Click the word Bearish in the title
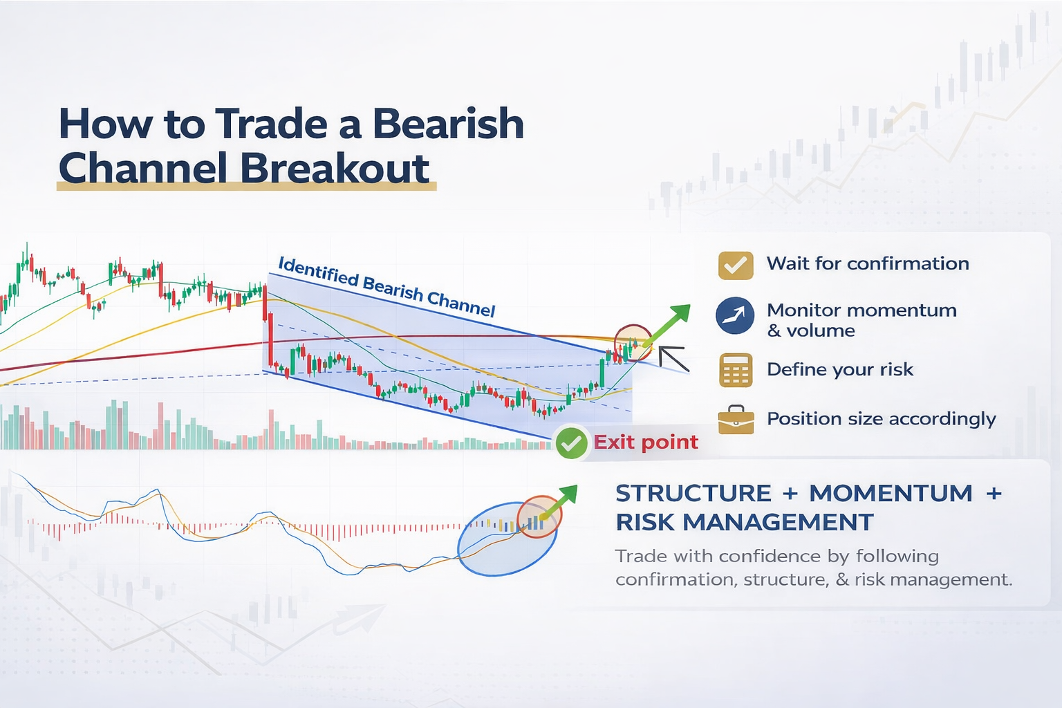coord(447,124)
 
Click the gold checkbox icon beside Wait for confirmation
coord(735,265)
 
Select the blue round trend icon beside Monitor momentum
coord(734,316)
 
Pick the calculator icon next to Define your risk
coord(735,370)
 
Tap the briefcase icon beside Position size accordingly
coord(736,420)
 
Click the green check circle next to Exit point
coord(571,443)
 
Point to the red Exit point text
coord(646,442)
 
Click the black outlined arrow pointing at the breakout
coord(673,358)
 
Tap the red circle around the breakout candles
coord(633,342)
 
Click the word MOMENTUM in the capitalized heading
coord(891,494)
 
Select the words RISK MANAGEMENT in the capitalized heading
coord(745,523)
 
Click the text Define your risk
coord(839,370)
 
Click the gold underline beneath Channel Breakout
coord(246,187)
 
